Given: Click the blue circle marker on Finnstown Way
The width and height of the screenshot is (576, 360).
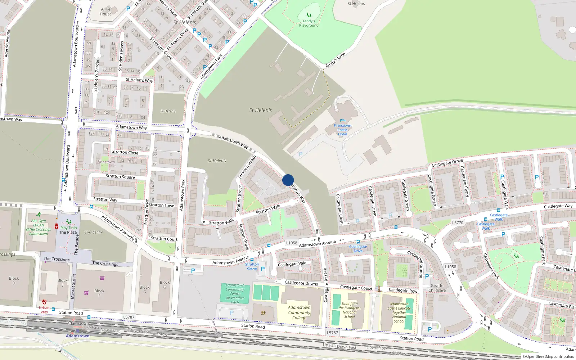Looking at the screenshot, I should click(288, 180).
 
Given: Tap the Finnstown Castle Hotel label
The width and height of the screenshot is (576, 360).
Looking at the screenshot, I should click(342, 130).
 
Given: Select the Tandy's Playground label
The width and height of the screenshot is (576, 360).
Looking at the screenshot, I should click(309, 23).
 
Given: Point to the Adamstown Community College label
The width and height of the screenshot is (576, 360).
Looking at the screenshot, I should click(299, 312).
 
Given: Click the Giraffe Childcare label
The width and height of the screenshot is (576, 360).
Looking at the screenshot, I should click(437, 288).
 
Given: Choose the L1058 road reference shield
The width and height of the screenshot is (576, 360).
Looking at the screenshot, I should click(292, 243).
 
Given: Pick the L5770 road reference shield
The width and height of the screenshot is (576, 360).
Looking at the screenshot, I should click(458, 223).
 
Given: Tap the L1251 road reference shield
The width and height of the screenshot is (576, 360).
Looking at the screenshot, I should click(450, 267).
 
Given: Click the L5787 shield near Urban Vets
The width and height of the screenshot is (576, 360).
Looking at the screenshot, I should click(129, 317).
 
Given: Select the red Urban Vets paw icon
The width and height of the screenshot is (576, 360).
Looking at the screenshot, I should click(44, 302).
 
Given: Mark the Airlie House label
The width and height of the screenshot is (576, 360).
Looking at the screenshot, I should click(106, 12).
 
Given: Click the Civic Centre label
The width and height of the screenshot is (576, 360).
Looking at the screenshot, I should click(94, 232).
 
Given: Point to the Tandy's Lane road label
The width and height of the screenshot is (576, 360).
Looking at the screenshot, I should click(335, 60).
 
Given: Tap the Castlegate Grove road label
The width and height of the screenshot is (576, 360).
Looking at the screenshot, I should click(447, 163).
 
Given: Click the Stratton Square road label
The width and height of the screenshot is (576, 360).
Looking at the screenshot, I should click(120, 176).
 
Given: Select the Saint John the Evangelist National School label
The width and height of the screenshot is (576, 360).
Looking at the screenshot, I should click(349, 310).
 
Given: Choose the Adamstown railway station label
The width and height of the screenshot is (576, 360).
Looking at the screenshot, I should click(77, 336).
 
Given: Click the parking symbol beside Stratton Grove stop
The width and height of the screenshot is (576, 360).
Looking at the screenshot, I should click(263, 269).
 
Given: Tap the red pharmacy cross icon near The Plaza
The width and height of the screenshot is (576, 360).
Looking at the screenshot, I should click(57, 226).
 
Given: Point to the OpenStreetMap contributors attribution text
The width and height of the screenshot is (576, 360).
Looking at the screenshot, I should click(548, 356).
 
